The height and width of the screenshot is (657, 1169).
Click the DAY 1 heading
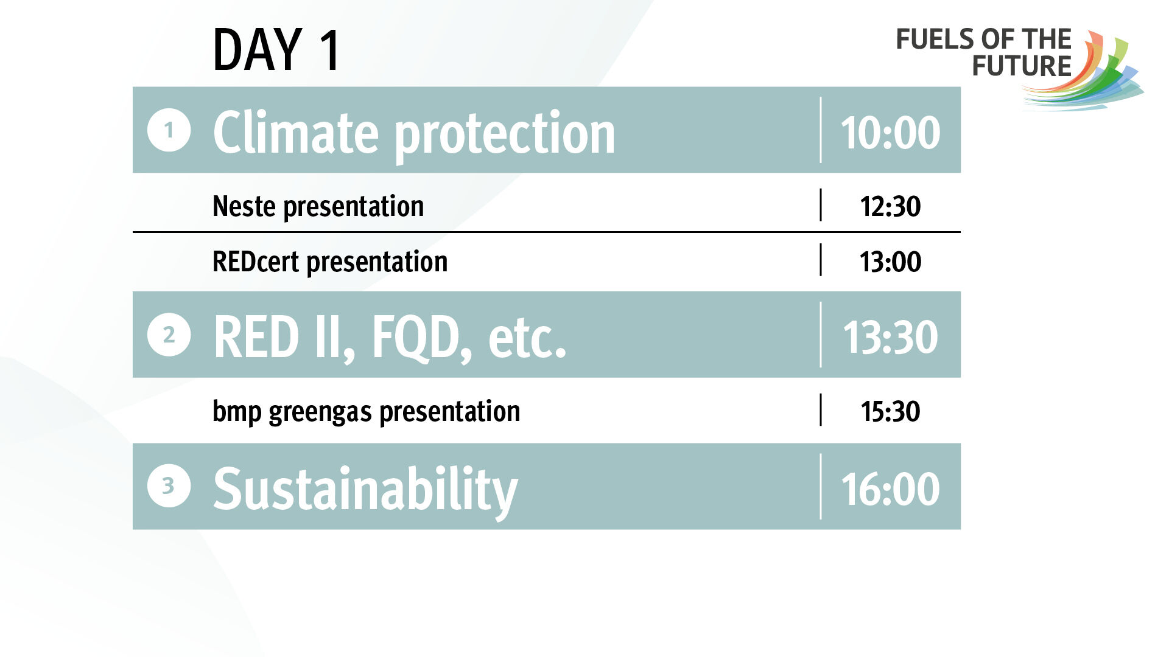(x=276, y=50)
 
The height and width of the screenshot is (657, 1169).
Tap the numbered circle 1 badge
(x=169, y=130)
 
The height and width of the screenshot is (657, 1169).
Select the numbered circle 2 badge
(x=169, y=335)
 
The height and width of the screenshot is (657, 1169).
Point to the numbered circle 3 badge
(x=169, y=486)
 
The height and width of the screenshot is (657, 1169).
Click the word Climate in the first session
(x=297, y=132)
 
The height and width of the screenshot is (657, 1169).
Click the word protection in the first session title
(x=505, y=137)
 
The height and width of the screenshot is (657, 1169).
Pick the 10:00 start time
(x=890, y=133)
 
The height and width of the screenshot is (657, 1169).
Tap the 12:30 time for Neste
(x=890, y=206)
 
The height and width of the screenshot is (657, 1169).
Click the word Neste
(x=244, y=206)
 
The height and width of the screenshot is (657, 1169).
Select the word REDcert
(x=256, y=262)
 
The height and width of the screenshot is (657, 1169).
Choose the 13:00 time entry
(x=890, y=262)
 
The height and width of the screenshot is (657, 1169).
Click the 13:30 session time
(x=890, y=337)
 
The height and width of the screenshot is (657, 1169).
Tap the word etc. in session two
(x=527, y=339)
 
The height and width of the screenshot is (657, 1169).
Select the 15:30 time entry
(x=890, y=411)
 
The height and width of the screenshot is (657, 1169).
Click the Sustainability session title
(x=365, y=490)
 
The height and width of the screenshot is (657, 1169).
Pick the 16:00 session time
(x=890, y=489)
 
